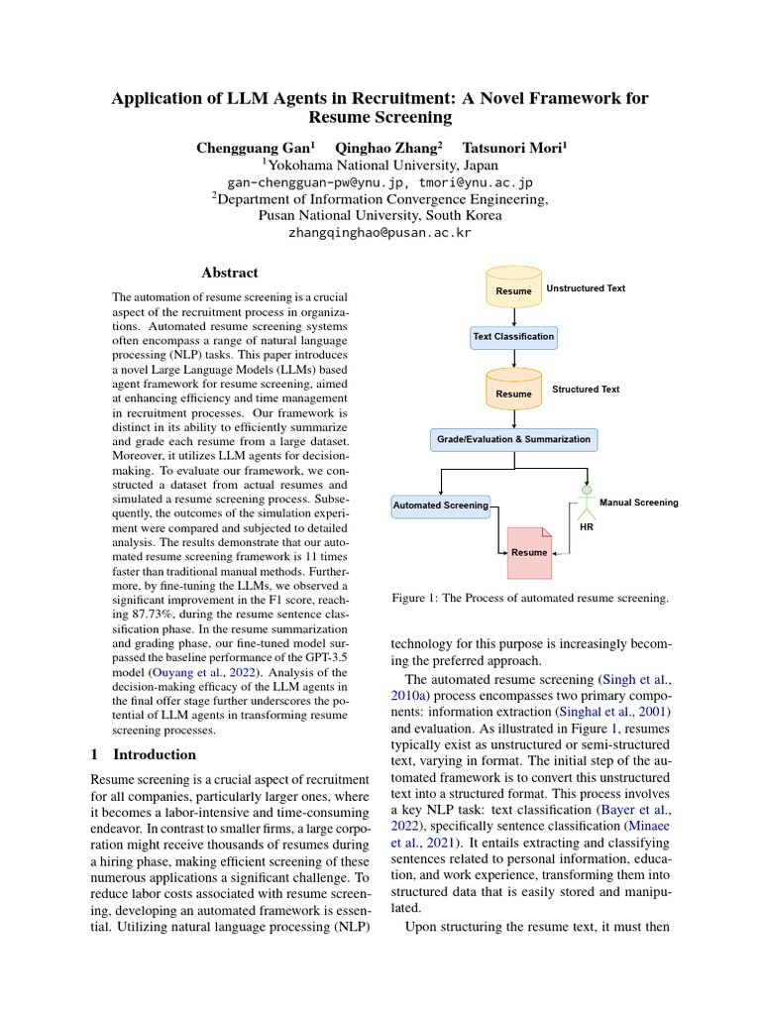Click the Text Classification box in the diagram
tap(513, 337)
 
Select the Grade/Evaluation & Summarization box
tap(513, 438)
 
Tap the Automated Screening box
tap(441, 505)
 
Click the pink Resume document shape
tap(528, 551)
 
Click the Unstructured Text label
tap(586, 288)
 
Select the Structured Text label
tap(586, 390)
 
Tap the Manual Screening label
tap(639, 503)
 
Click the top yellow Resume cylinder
tap(513, 286)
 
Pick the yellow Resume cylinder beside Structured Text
tap(513, 390)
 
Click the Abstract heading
tap(230, 273)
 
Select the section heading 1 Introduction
tap(144, 753)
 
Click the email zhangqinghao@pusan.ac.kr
tap(380, 233)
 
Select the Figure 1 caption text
tap(530, 598)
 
